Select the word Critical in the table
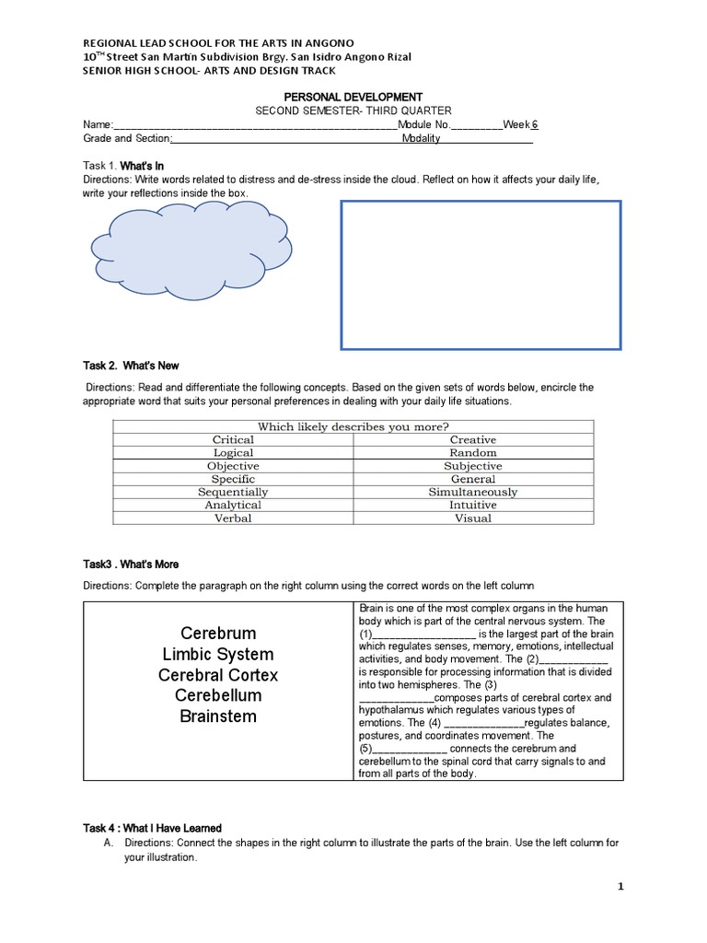pos(233,440)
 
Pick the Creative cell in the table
pos(472,440)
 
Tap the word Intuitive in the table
pos(472,505)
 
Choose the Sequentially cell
pos(233,492)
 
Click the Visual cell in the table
pos(472,518)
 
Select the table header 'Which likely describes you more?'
pos(353,426)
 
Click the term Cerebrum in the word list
pos(218,634)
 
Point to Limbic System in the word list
pos(218,655)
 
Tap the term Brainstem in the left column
pos(218,716)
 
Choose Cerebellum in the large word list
pos(218,695)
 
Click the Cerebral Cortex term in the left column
pos(218,675)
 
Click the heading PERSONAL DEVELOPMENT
pos(353,97)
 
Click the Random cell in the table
pos(472,453)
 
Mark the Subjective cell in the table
pos(472,466)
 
